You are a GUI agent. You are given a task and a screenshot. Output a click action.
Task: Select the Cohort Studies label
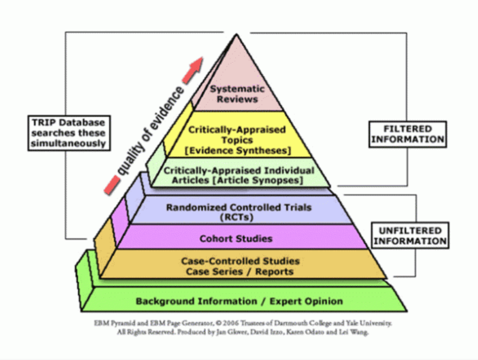236,239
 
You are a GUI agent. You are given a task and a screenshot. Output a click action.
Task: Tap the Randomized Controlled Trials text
239,208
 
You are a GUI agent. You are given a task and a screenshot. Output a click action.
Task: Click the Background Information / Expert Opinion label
239,301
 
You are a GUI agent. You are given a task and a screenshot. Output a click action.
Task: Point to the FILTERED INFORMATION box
408,134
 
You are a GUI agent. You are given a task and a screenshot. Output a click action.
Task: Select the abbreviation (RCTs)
239,216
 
